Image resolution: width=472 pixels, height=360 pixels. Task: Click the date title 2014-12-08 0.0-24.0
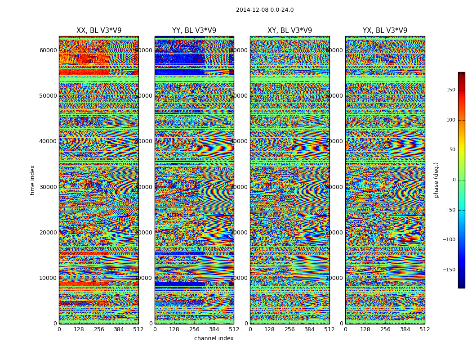(265, 10)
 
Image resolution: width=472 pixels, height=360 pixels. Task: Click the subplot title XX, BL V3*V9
(99, 31)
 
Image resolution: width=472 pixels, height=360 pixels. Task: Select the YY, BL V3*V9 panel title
(194, 31)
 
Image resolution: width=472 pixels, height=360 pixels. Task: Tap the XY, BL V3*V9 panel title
(289, 31)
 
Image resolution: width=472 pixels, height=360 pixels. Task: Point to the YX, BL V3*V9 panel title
(385, 31)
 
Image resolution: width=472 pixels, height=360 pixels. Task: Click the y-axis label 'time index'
(32, 180)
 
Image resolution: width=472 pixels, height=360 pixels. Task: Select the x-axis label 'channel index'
(214, 338)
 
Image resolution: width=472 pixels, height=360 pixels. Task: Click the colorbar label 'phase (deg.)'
(436, 180)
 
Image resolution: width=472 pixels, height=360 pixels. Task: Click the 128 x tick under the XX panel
(79, 329)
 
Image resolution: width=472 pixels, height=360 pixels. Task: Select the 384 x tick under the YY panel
(214, 329)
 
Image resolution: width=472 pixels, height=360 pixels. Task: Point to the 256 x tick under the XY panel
(289, 329)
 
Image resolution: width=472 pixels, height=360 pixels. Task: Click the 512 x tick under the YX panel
(425, 329)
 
